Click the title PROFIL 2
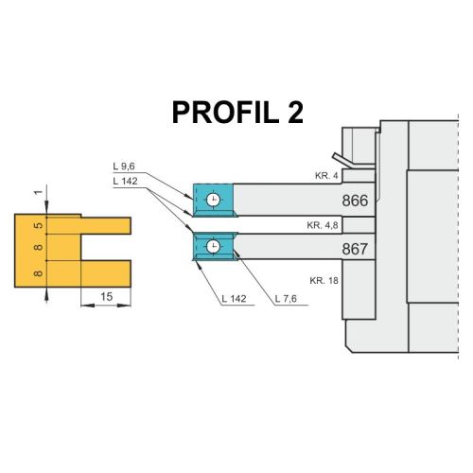tap(237, 113)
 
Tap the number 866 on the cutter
tap(355, 201)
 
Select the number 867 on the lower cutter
tap(355, 249)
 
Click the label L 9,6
tap(124, 166)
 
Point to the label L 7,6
tap(286, 299)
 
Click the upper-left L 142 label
tap(125, 182)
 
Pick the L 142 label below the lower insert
tap(234, 299)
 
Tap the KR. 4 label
tap(326, 176)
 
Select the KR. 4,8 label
tap(323, 225)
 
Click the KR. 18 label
tap(324, 280)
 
